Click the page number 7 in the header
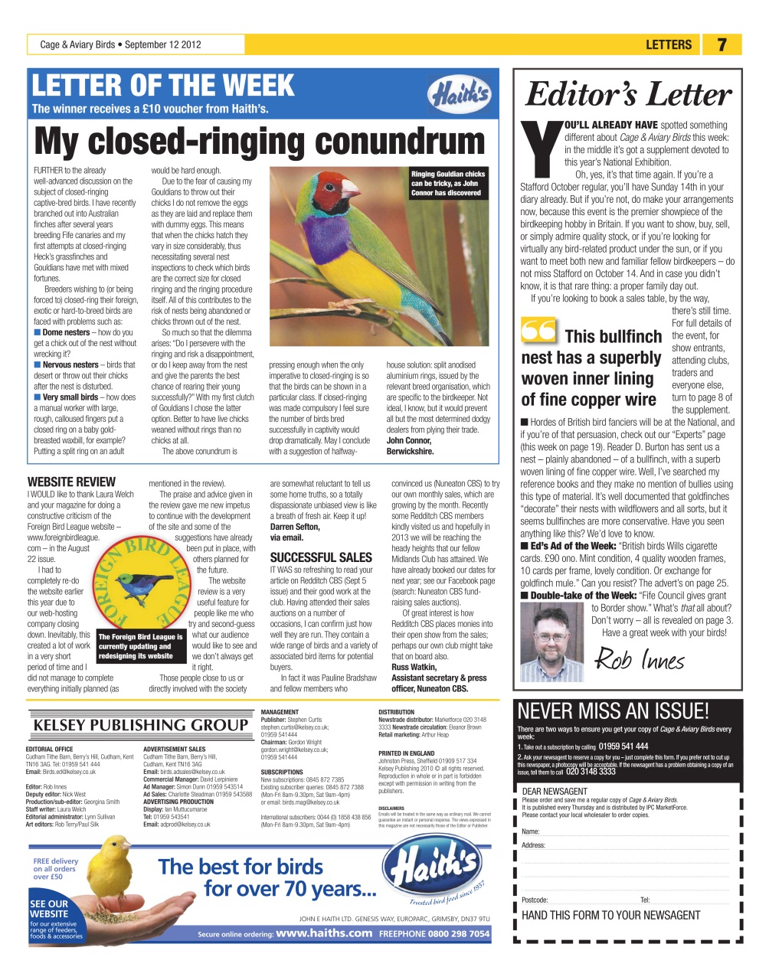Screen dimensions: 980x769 click(722, 44)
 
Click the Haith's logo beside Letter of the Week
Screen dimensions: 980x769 click(459, 94)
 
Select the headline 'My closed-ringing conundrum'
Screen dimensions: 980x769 click(260, 141)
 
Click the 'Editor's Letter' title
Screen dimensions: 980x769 click(628, 94)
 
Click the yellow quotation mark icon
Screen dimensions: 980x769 click(538, 331)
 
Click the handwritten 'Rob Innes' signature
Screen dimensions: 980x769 click(640, 658)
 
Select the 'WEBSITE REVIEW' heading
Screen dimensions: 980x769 click(71, 482)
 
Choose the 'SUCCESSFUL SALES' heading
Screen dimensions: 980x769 click(321, 557)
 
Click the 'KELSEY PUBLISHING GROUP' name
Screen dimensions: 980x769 click(140, 725)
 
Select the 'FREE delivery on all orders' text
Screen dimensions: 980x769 click(55, 868)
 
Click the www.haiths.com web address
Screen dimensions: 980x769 click(323, 933)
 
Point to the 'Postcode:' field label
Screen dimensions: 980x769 click(535, 900)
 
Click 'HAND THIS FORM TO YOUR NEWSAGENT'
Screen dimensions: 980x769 click(610, 915)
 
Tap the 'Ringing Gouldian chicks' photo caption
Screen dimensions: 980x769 click(447, 183)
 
